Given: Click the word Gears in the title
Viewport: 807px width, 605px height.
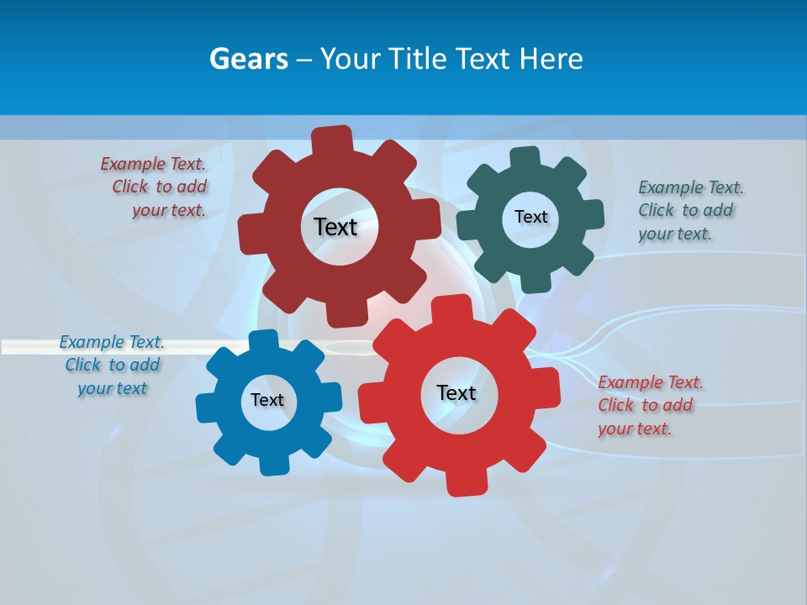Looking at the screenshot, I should pos(248,60).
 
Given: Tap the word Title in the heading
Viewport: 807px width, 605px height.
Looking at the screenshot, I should pos(420,60).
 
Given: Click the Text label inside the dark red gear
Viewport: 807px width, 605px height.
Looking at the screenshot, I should pos(336,227).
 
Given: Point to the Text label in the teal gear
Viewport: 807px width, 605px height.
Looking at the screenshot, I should pos(530,217).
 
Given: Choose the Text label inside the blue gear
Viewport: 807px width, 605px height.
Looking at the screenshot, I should pos(267,400).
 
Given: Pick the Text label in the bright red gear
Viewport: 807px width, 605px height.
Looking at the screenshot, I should pos(456,392).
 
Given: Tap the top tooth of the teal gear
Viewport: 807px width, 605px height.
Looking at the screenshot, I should pos(526,158).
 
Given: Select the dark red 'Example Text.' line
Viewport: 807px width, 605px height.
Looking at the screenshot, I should pos(153,164).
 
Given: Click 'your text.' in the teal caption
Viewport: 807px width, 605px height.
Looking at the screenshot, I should pos(674,234).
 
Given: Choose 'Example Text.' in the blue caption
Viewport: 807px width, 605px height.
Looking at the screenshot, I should pos(112,342).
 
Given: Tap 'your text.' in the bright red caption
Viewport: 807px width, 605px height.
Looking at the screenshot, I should pos(635,429).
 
